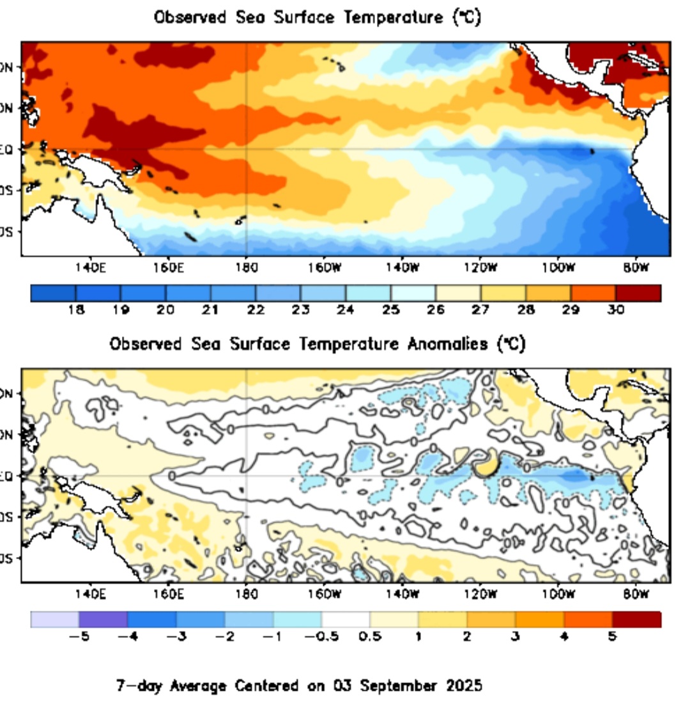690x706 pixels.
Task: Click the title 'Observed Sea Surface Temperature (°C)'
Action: click(317, 18)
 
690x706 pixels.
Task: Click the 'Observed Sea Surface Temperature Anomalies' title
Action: click(317, 345)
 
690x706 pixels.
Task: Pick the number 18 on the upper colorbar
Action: click(75, 310)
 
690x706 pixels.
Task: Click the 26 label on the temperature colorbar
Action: click(435, 310)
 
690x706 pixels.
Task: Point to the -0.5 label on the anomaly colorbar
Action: click(319, 637)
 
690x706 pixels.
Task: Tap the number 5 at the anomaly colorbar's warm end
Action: click(612, 637)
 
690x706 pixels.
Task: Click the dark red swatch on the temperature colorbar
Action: click(638, 293)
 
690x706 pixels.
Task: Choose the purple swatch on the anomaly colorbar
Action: click(103, 620)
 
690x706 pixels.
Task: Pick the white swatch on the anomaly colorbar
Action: click(346, 620)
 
